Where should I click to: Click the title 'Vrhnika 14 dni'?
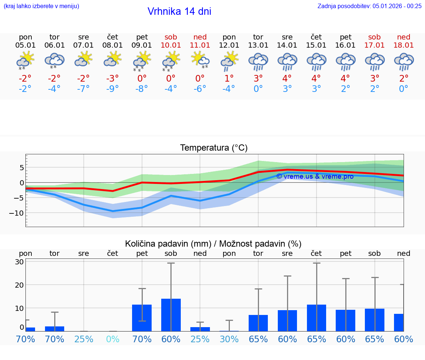click(x=179, y=11)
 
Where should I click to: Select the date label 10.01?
click(x=171, y=45)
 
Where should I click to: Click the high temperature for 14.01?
click(x=287, y=78)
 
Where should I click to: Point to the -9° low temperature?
click(x=113, y=89)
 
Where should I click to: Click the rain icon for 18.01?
click(x=404, y=61)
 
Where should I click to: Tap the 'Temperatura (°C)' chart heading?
click(x=214, y=148)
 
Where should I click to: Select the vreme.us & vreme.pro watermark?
click(x=315, y=176)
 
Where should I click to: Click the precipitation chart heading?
click(x=213, y=244)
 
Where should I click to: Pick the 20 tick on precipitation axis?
click(x=20, y=285)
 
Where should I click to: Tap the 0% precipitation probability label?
click(x=113, y=339)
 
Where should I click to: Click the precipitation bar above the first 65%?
click(x=258, y=323)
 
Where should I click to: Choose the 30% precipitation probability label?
click(x=229, y=339)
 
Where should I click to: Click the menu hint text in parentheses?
click(x=41, y=6)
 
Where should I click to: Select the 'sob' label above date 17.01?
click(x=374, y=37)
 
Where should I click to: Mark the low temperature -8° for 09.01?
click(x=142, y=89)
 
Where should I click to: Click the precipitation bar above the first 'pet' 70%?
click(x=142, y=318)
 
